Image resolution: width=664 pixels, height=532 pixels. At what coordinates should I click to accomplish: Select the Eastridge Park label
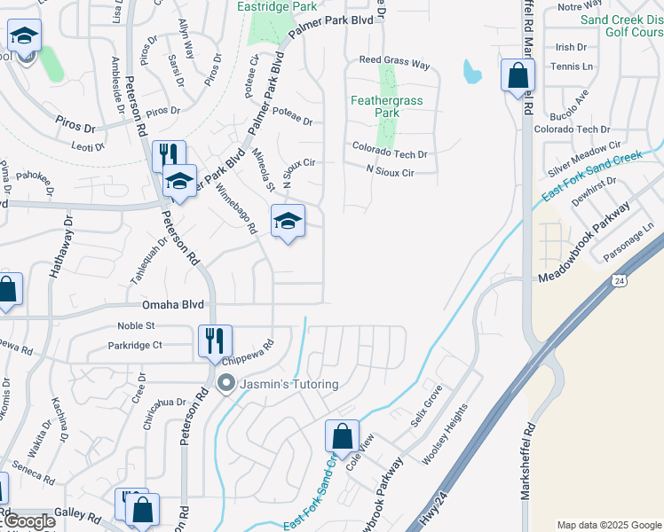tap(278, 6)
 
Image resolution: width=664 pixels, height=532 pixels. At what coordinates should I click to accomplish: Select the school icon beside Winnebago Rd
tap(288, 222)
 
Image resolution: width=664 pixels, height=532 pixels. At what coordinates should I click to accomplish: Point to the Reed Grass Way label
tap(394, 65)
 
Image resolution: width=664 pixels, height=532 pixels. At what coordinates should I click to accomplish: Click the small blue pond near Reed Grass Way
tap(471, 71)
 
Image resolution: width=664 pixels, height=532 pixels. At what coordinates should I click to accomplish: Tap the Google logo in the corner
tap(28, 521)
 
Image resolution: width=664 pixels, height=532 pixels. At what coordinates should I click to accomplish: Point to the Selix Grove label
tap(427, 407)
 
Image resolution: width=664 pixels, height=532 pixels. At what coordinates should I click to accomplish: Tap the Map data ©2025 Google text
tap(609, 525)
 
